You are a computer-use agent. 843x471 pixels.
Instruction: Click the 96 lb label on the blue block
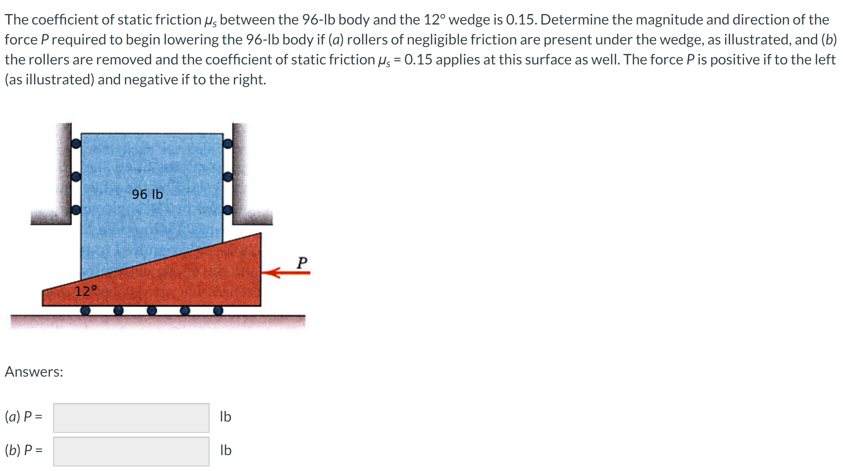pyautogui.click(x=147, y=194)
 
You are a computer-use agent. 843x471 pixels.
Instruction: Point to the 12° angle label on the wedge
pyautogui.click(x=86, y=291)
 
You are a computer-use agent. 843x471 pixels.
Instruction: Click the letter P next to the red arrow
pyautogui.click(x=302, y=262)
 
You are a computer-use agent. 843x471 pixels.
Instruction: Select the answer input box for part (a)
pyautogui.click(x=131, y=417)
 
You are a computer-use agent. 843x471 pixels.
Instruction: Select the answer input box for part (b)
pyautogui.click(x=131, y=451)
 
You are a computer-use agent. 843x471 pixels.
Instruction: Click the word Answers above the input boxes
pyautogui.click(x=34, y=372)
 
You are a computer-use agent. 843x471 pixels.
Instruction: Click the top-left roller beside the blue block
pyautogui.click(x=76, y=144)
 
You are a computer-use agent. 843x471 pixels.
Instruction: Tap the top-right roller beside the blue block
pyautogui.click(x=228, y=144)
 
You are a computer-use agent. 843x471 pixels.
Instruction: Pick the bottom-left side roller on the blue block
pyautogui.click(x=76, y=210)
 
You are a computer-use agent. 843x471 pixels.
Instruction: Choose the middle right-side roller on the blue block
pyautogui.click(x=228, y=177)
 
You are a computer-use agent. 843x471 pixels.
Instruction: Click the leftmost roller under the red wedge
pyautogui.click(x=85, y=310)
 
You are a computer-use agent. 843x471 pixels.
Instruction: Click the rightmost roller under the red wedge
pyautogui.click(x=218, y=310)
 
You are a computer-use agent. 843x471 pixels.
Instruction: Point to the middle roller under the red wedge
pyautogui.click(x=152, y=310)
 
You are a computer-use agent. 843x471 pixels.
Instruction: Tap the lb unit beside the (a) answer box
pyautogui.click(x=225, y=417)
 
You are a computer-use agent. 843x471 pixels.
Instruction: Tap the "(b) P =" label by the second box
pyautogui.click(x=24, y=450)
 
